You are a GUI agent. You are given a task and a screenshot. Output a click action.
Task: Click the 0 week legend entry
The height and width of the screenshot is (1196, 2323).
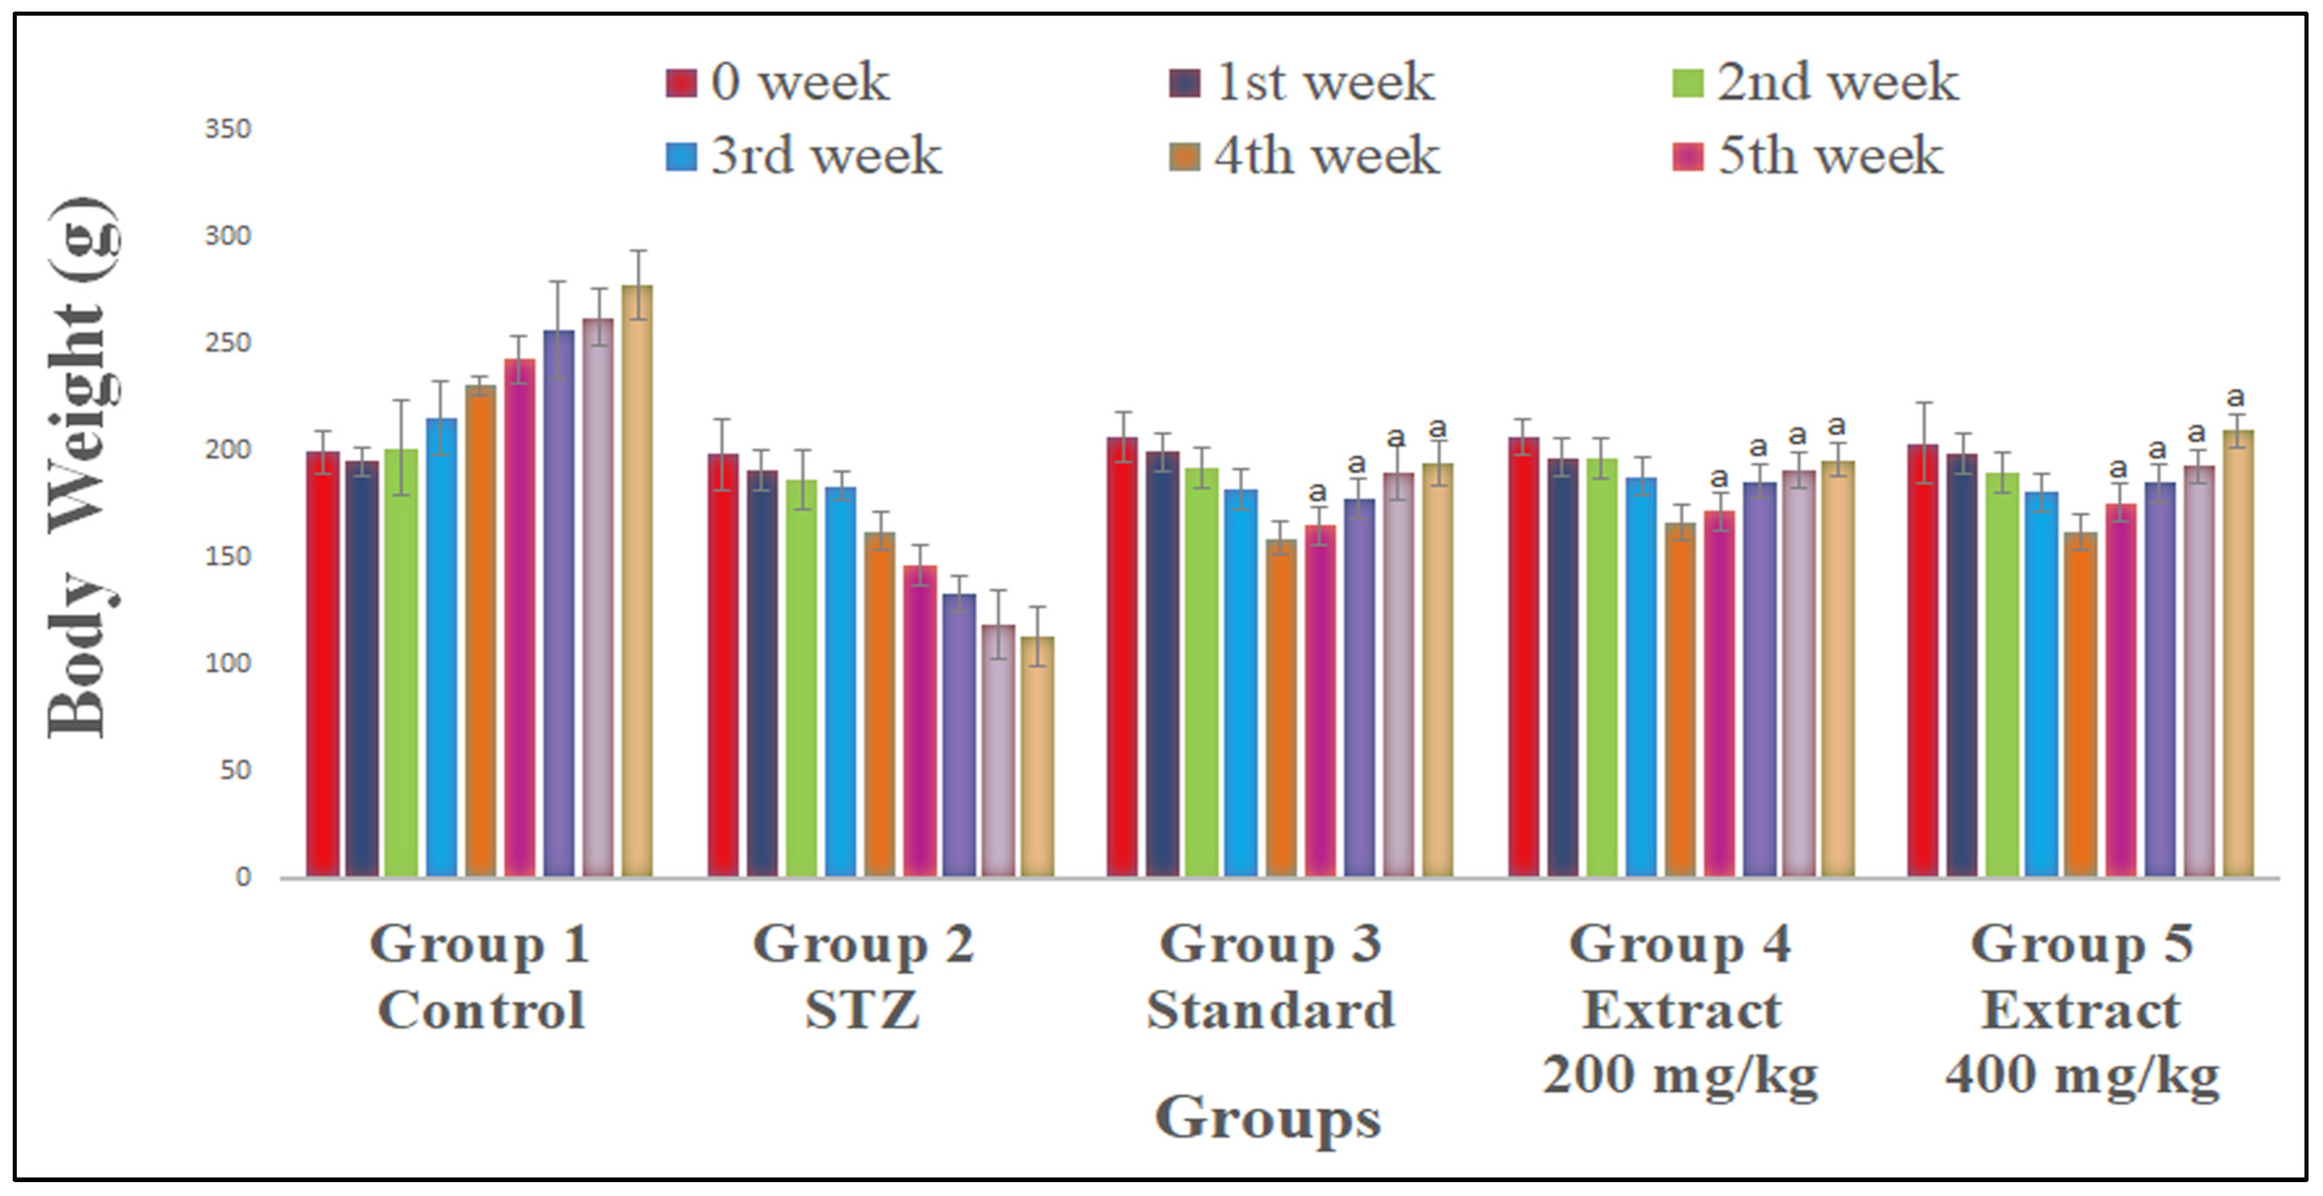point(777,83)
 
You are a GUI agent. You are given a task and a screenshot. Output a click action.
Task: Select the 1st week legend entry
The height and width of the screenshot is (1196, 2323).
point(1301,83)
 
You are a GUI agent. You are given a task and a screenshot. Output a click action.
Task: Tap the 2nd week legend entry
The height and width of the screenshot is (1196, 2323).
point(1815,83)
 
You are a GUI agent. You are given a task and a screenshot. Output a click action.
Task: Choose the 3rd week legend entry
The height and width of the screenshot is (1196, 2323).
point(803,156)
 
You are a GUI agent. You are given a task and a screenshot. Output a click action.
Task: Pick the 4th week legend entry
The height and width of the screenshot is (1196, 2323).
point(1304,156)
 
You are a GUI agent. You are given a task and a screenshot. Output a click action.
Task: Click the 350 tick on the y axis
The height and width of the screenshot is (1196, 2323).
point(227,129)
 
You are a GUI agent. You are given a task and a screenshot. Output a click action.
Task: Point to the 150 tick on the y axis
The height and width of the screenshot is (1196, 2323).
point(227,556)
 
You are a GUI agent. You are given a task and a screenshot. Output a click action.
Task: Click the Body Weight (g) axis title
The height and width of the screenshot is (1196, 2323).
point(83,467)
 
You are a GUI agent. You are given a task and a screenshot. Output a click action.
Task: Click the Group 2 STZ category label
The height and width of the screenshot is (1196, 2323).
point(863,977)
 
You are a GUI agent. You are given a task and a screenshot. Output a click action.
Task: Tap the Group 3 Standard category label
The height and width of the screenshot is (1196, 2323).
point(1271,977)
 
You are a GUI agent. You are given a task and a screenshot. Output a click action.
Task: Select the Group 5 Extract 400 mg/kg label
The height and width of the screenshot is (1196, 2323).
point(2082,1010)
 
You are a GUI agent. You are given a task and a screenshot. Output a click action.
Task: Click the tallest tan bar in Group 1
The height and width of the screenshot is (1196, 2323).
point(638,581)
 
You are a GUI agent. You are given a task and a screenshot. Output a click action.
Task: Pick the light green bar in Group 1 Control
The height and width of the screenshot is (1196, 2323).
point(401,663)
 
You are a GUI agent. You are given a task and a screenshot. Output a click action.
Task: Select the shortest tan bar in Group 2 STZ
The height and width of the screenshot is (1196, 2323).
point(1037,757)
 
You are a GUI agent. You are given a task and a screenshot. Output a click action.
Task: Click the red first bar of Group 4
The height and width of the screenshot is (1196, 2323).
point(1523,657)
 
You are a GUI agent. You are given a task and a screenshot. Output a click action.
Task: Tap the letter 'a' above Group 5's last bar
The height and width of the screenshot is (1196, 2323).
point(2236,397)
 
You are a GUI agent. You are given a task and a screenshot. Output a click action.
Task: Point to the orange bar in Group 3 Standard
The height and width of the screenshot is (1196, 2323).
point(1281,708)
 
